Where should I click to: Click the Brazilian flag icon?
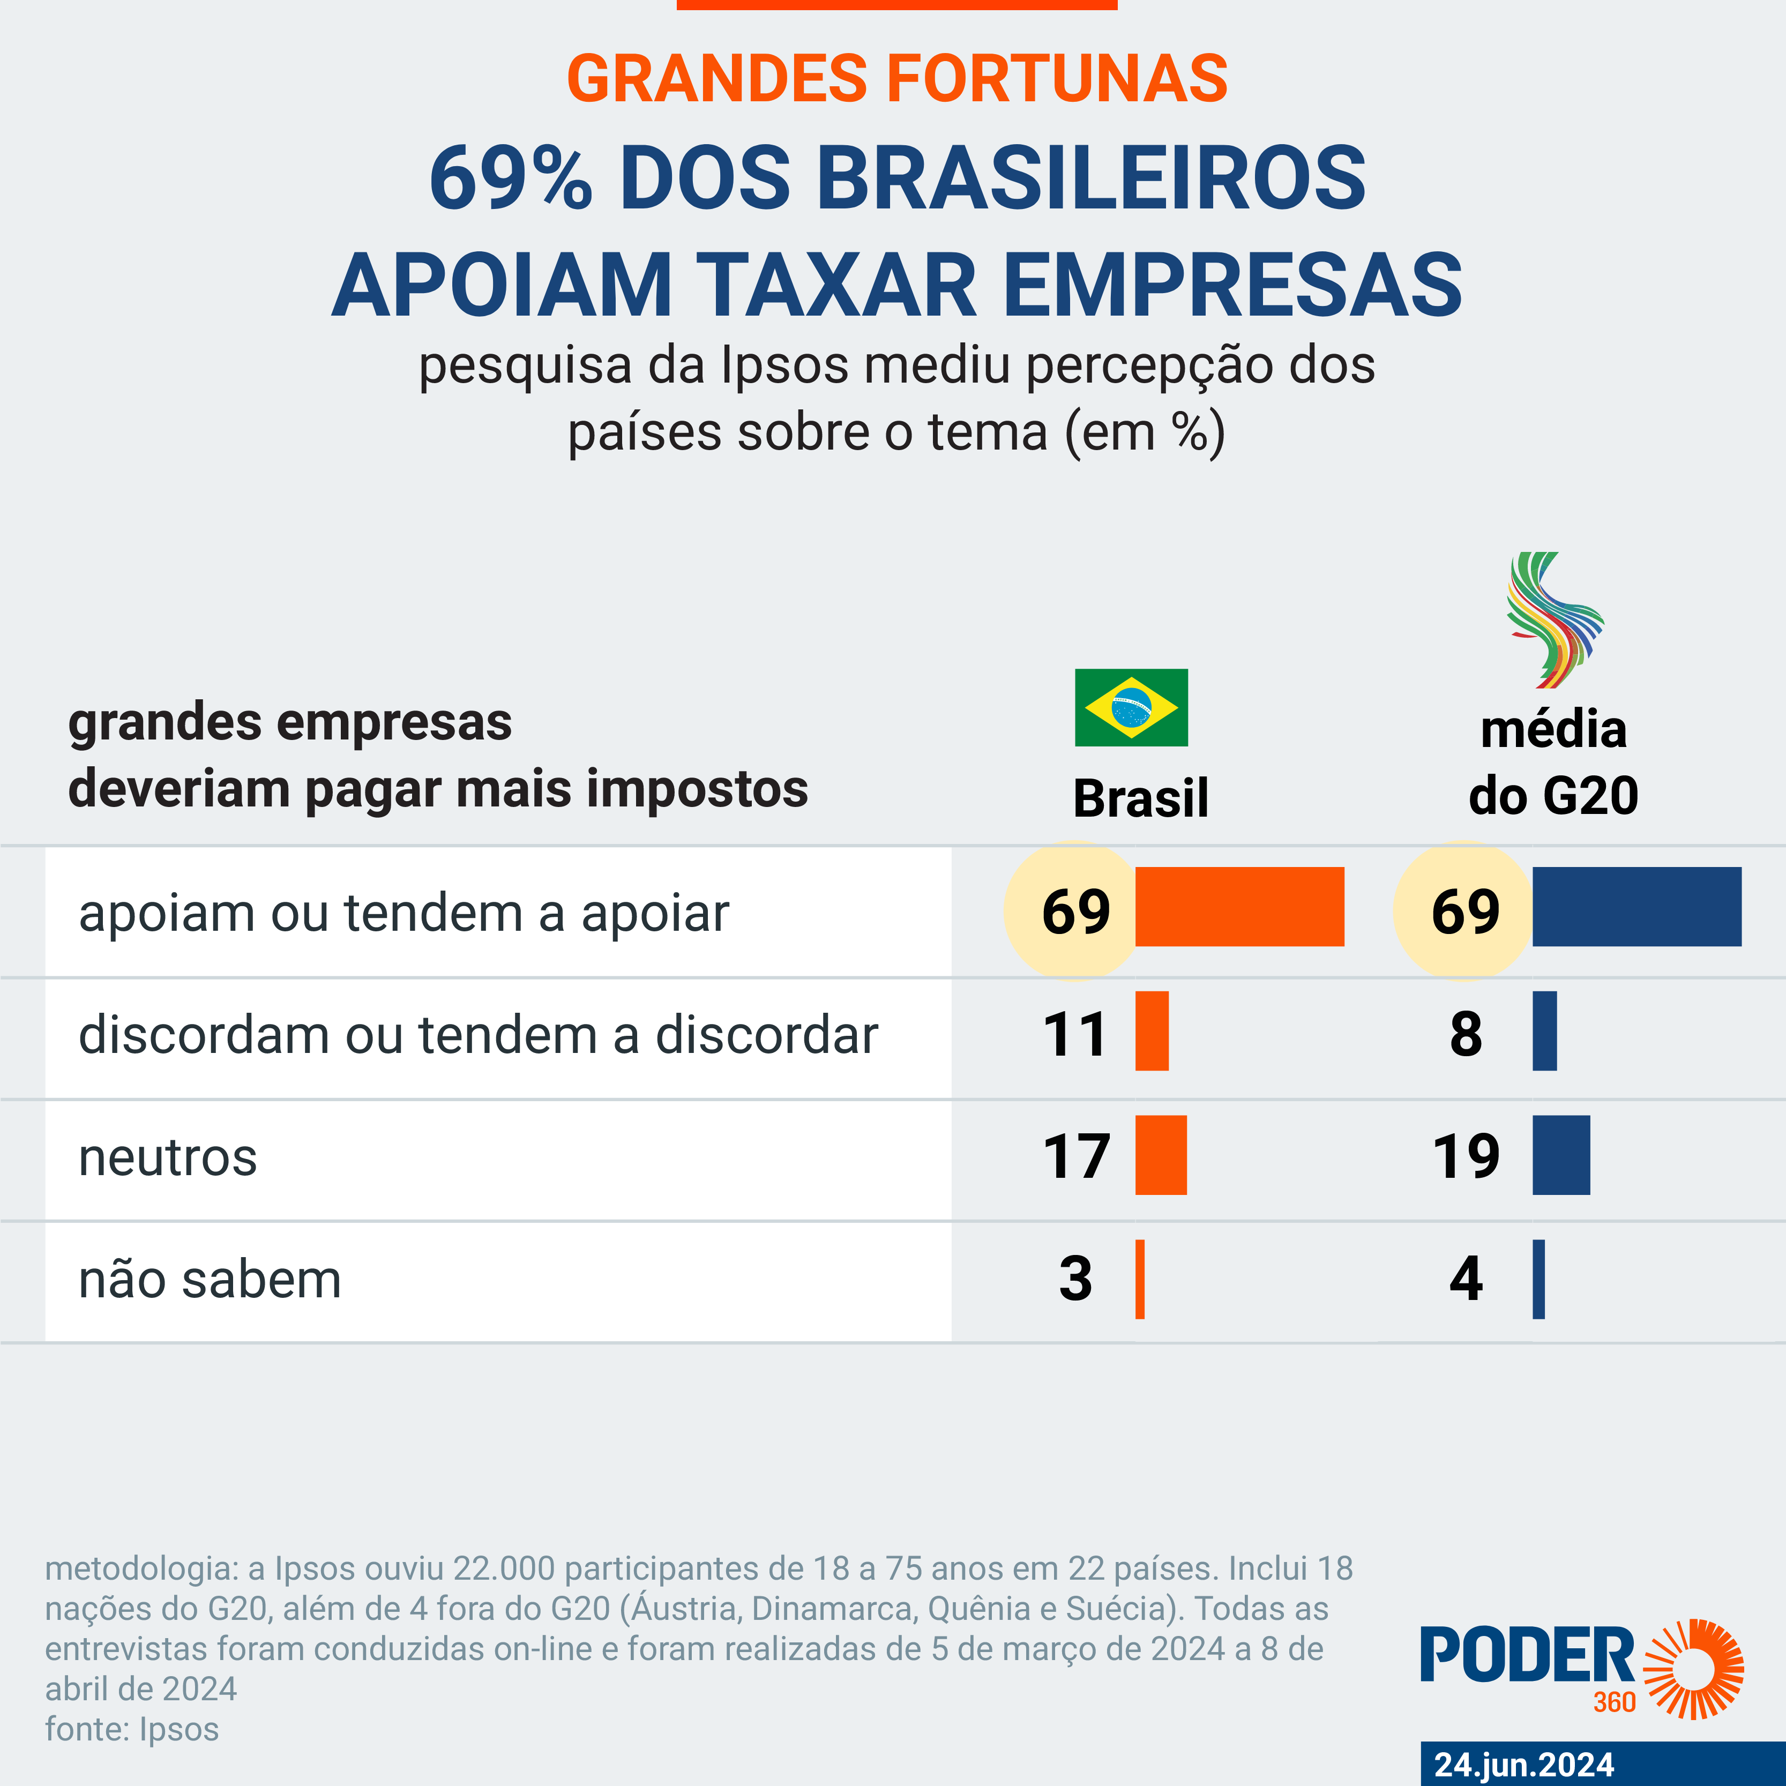pyautogui.click(x=1131, y=707)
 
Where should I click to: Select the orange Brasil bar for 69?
pyautogui.click(x=1239, y=906)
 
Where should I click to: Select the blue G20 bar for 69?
pyautogui.click(x=1636, y=906)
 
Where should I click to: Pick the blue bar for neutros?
pyautogui.click(x=1560, y=1155)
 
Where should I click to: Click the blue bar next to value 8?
pyautogui.click(x=1544, y=1031)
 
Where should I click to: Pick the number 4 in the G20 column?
pyautogui.click(x=1465, y=1280)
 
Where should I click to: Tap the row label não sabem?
pyautogui.click(x=210, y=1280)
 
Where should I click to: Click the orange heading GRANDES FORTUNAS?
pyautogui.click(x=896, y=79)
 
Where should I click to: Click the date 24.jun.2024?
pyautogui.click(x=1523, y=1764)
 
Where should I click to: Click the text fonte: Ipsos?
pyautogui.click(x=132, y=1729)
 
